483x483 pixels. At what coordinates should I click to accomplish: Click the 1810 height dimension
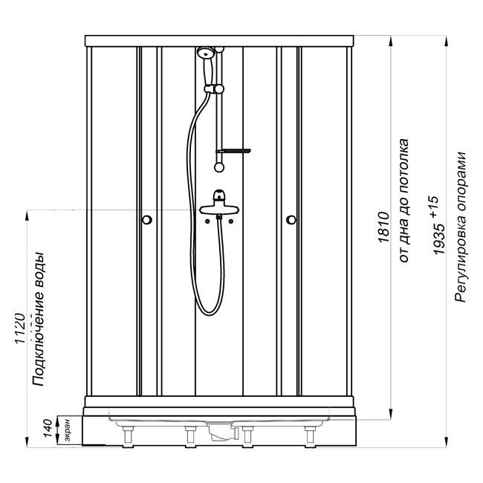click(x=383, y=227)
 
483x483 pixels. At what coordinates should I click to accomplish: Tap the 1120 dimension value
click(x=20, y=328)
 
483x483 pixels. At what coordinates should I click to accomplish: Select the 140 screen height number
click(x=48, y=428)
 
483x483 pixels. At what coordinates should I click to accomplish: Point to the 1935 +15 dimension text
click(x=438, y=225)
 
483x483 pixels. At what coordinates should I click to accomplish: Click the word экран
click(x=68, y=430)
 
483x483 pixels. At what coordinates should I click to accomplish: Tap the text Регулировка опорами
click(x=461, y=227)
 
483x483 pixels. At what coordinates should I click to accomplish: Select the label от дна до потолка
click(x=403, y=201)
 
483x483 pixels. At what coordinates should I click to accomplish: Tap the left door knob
click(x=147, y=220)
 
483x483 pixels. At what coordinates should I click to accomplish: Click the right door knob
click(x=291, y=220)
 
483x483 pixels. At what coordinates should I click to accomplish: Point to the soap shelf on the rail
click(x=233, y=151)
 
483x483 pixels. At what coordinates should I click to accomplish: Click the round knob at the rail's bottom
click(x=219, y=167)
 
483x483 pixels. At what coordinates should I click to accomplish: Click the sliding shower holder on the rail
click(x=214, y=89)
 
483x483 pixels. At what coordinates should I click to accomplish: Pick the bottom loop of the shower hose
click(x=210, y=308)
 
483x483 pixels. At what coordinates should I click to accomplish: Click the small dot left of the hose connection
click(x=207, y=221)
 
